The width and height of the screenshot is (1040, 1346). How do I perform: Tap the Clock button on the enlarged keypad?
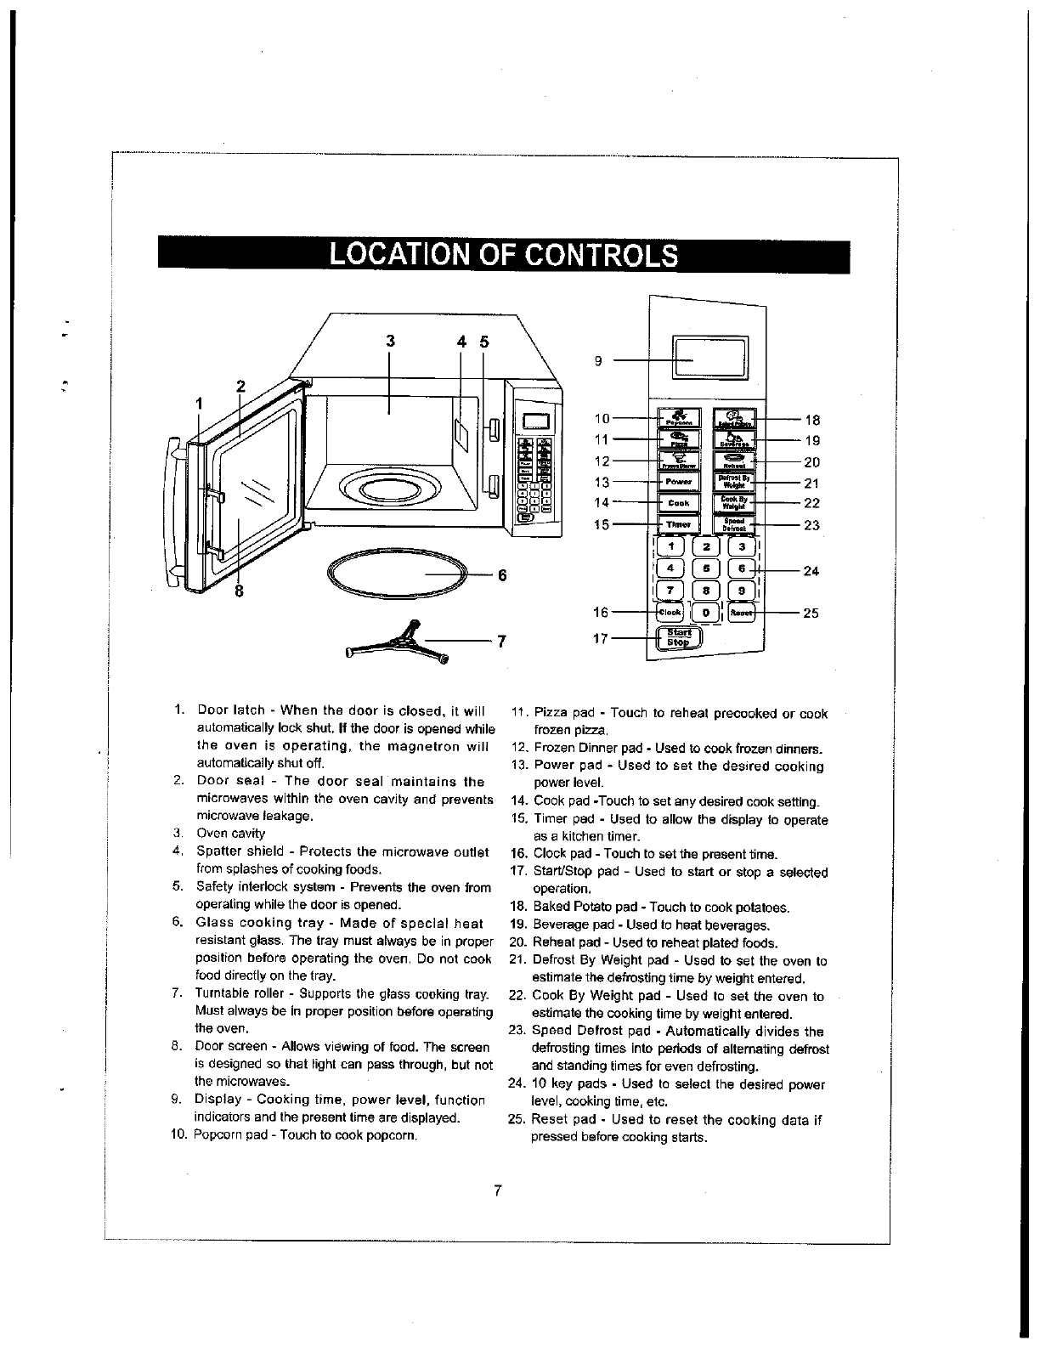[x=670, y=612]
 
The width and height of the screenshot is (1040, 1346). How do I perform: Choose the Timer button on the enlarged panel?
[x=679, y=524]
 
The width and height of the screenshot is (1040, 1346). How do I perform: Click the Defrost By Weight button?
[x=732, y=483]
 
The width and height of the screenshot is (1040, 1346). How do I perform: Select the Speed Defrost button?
[x=732, y=524]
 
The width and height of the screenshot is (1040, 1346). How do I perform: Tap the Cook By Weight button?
[x=732, y=503]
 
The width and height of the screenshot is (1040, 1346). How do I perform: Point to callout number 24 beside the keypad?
[x=811, y=571]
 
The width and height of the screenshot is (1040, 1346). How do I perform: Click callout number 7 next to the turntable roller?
[x=501, y=642]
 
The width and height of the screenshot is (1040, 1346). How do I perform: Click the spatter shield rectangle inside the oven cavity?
[x=461, y=433]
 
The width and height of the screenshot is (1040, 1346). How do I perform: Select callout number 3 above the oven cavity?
[x=390, y=342]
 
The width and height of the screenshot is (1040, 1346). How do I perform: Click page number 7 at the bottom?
[x=500, y=1190]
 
